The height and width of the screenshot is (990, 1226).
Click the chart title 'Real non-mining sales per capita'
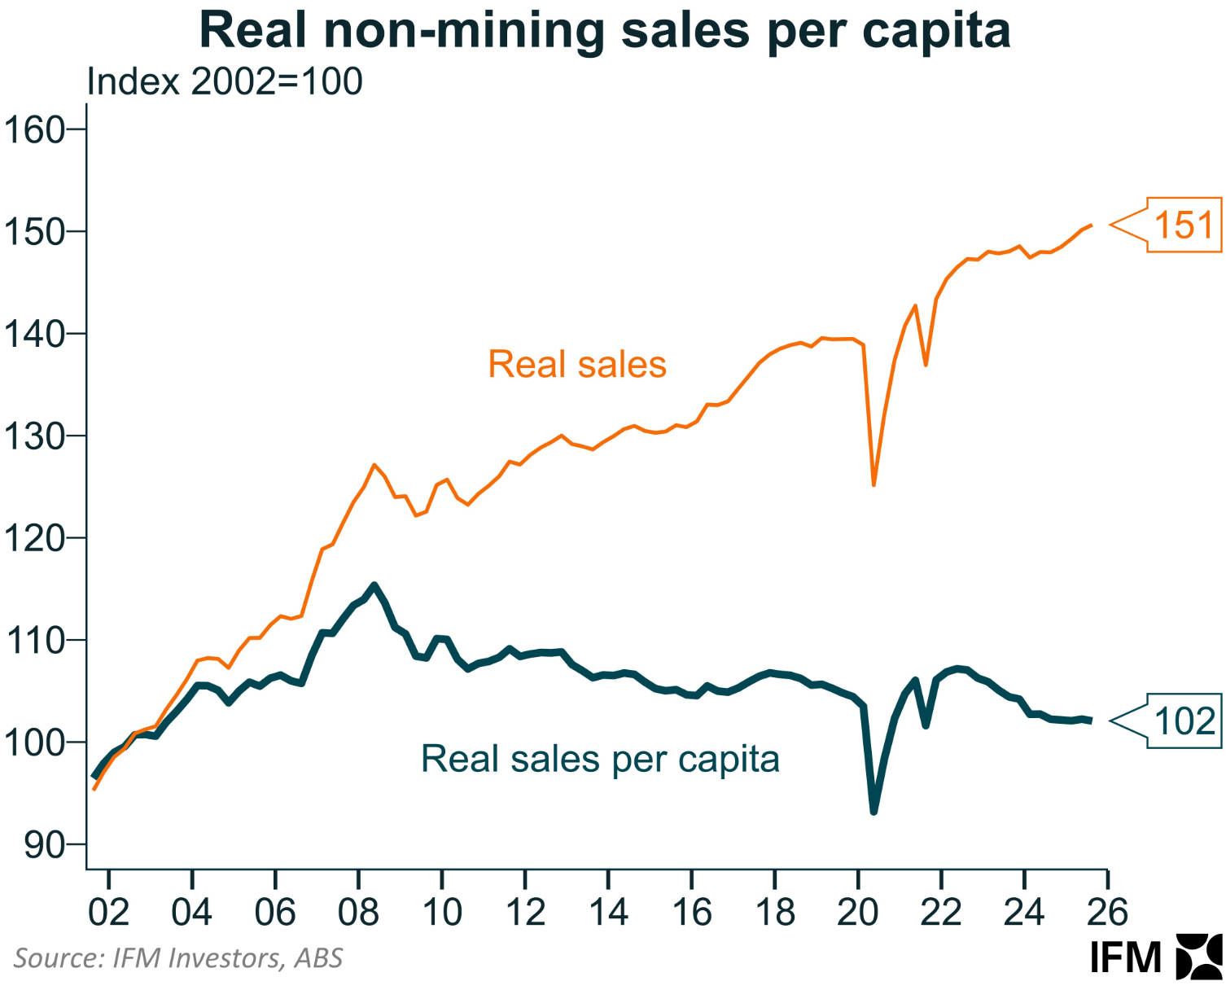pyautogui.click(x=604, y=31)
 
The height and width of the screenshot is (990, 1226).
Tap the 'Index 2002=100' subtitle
pyautogui.click(x=225, y=82)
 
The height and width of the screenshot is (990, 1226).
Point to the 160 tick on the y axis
pyautogui.click(x=34, y=130)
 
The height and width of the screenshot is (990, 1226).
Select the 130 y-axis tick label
pyautogui.click(x=34, y=436)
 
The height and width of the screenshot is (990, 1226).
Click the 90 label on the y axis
pyautogui.click(x=44, y=845)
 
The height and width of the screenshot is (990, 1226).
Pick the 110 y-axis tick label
pyautogui.click(x=34, y=641)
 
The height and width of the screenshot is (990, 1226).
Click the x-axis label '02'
pyautogui.click(x=108, y=912)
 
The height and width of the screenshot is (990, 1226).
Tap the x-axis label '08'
pyautogui.click(x=358, y=912)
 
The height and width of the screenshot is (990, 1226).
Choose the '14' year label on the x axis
pyautogui.click(x=608, y=912)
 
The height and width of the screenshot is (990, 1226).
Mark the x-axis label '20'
pyautogui.click(x=857, y=912)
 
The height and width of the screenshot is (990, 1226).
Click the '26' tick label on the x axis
pyautogui.click(x=1107, y=912)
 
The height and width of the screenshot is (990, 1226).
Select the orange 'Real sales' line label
pyautogui.click(x=577, y=365)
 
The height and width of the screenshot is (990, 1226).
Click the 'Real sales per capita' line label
pyautogui.click(x=600, y=759)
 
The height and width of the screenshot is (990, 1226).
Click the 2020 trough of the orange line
pyautogui.click(x=874, y=485)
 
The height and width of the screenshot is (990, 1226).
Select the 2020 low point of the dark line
pyautogui.click(x=874, y=812)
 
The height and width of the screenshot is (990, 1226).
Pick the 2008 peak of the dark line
pyautogui.click(x=374, y=585)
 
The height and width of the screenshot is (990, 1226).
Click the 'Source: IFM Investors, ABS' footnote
pyautogui.click(x=178, y=958)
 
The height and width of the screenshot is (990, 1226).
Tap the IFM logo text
pyautogui.click(x=1126, y=957)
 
